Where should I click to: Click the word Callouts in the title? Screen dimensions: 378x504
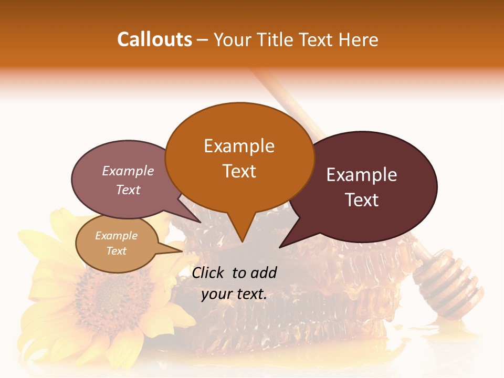[x=154, y=39]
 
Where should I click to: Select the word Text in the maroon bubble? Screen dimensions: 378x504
[x=362, y=199]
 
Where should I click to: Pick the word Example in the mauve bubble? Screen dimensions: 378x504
[x=128, y=171]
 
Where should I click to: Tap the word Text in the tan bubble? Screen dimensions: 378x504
[x=116, y=251]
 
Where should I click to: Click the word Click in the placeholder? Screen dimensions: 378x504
[x=209, y=272]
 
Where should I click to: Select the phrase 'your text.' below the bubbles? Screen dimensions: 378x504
[x=234, y=294]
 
